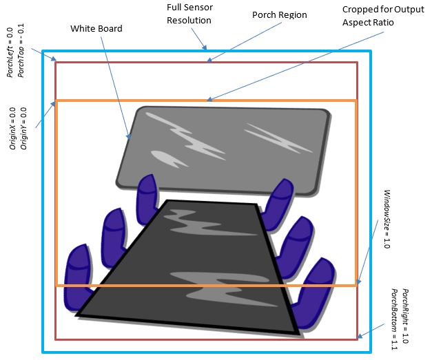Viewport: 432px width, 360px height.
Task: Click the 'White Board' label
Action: tap(96, 30)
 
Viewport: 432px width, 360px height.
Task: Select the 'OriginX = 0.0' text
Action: tap(12, 127)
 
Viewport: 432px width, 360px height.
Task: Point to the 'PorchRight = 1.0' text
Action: tap(405, 316)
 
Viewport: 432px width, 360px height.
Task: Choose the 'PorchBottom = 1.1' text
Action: tap(395, 316)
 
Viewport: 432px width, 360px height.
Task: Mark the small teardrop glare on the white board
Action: tap(165, 158)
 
